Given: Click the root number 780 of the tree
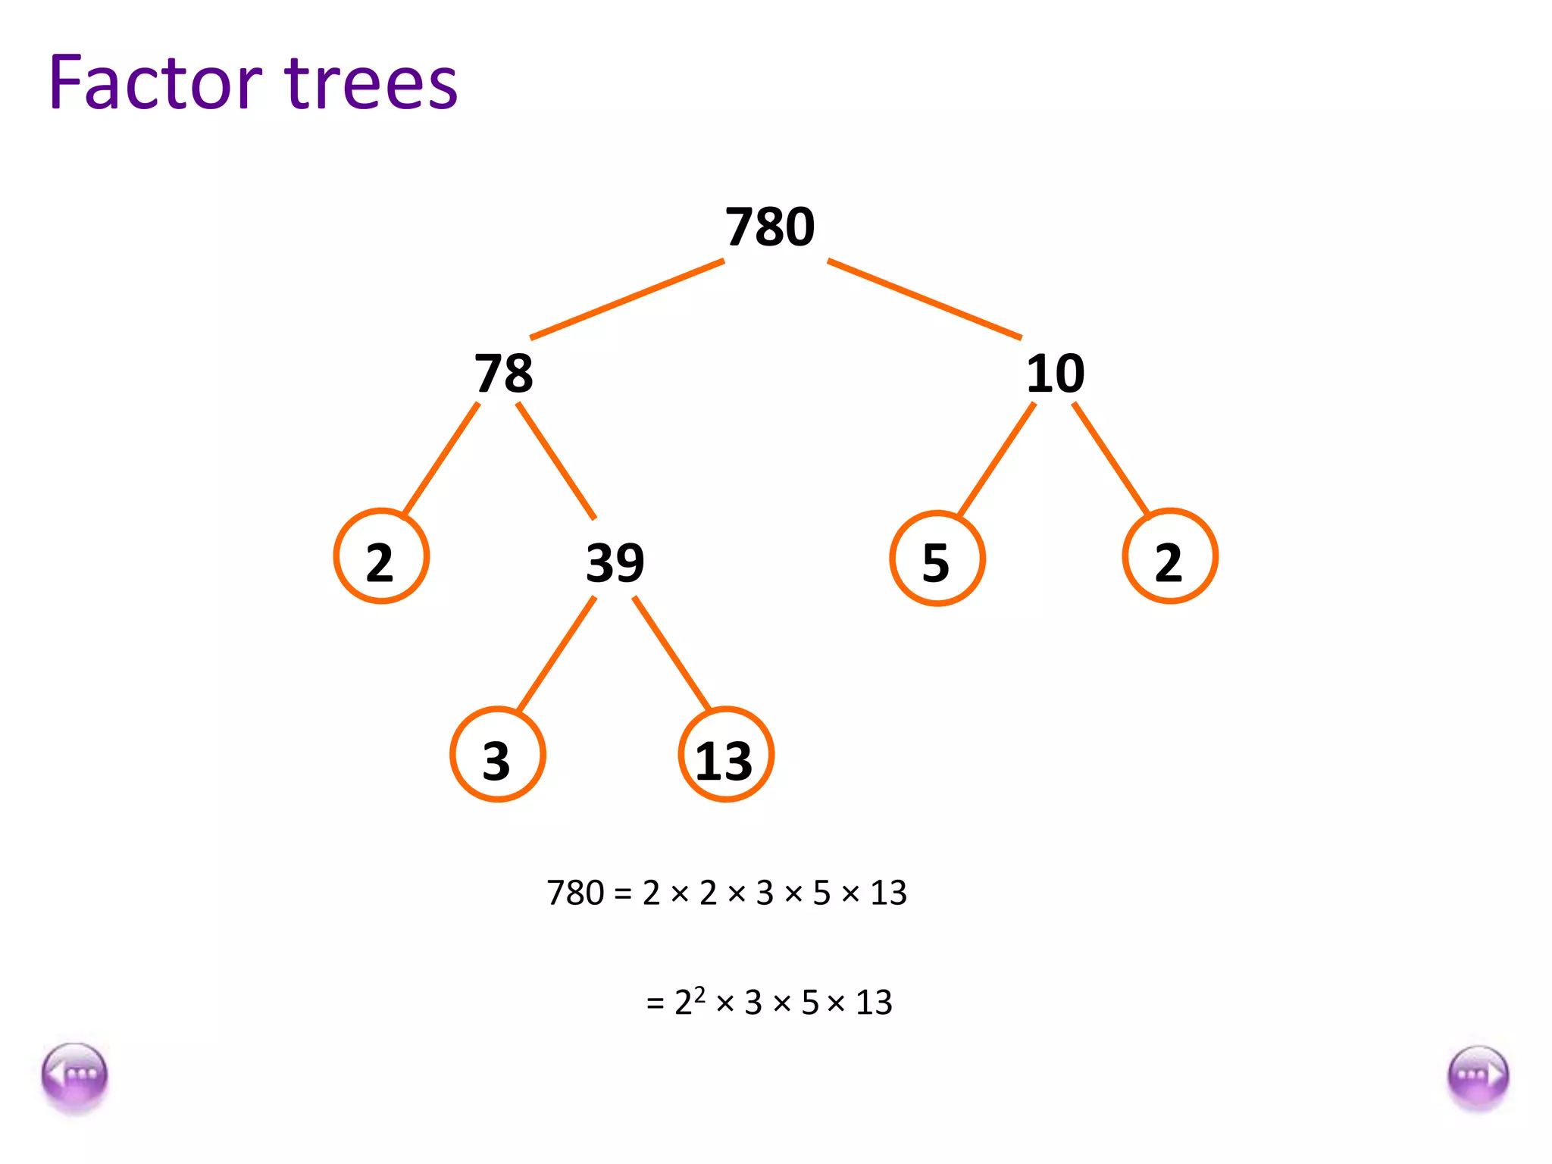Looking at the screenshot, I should pyautogui.click(x=770, y=227).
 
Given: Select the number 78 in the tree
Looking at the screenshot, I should pyautogui.click(x=504, y=374).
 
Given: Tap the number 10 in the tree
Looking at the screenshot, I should pyautogui.click(x=1055, y=374).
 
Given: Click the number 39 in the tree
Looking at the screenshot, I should pyautogui.click(x=615, y=563).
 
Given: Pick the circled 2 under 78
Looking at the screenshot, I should pyautogui.click(x=381, y=557).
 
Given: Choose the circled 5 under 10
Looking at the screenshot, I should pyautogui.click(x=937, y=559).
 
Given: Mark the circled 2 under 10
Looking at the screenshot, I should pyautogui.click(x=1170, y=557).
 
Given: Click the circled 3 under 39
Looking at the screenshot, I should pyautogui.click(x=498, y=756).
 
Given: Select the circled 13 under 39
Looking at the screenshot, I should pyautogui.click(x=726, y=756).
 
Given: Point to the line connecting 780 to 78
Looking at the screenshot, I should pyautogui.click(x=627, y=299).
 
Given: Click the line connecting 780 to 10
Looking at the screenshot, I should pyautogui.click(x=925, y=299).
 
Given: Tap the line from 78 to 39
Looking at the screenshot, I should pyautogui.click(x=556, y=461).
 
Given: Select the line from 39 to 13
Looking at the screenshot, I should pyautogui.click(x=672, y=653).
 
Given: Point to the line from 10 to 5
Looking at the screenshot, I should pyautogui.click(x=997, y=460).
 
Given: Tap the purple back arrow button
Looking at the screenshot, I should pyautogui.click(x=75, y=1077).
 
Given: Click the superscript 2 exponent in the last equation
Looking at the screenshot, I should pyautogui.click(x=699, y=993).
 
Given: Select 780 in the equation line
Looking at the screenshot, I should pyautogui.click(x=575, y=893).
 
